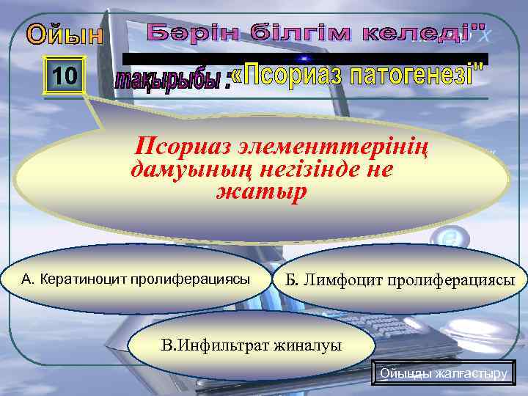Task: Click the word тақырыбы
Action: click(172, 80)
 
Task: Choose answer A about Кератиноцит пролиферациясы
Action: click(136, 279)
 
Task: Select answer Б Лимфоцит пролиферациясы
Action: click(400, 281)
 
